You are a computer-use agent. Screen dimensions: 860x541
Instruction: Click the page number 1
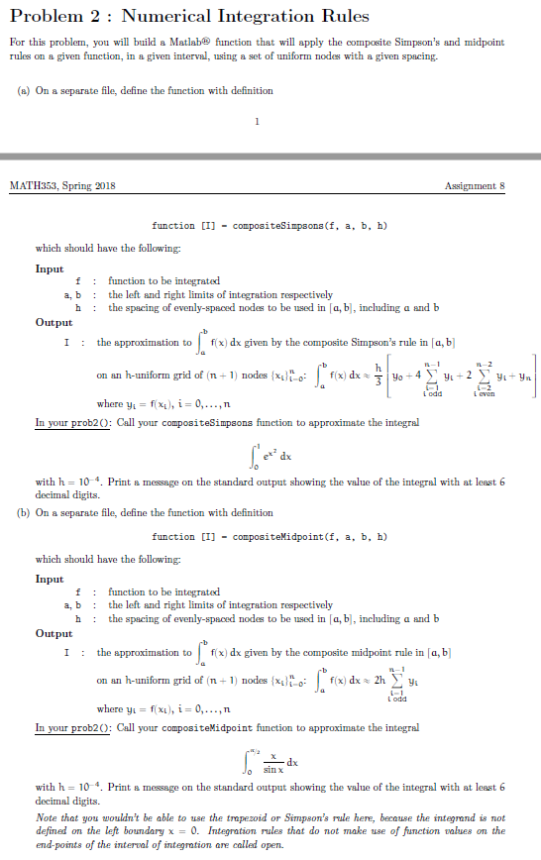[x=257, y=123]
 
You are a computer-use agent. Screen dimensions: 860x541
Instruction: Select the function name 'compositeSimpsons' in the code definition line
[x=286, y=226]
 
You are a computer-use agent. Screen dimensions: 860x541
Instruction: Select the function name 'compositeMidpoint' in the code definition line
[x=286, y=536]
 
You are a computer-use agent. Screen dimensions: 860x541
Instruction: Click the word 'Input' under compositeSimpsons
[x=50, y=269]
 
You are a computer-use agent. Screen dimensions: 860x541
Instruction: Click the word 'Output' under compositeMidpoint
[x=54, y=633]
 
